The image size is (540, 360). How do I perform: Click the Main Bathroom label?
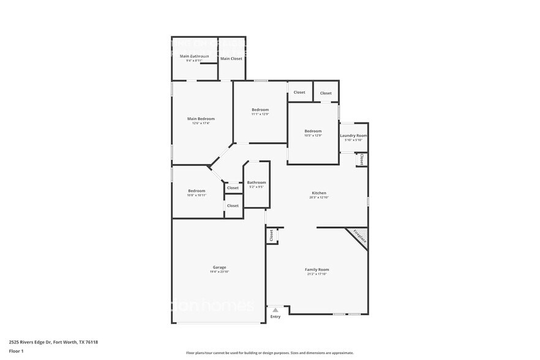[x=194, y=56]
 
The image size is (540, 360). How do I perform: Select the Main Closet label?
[x=231, y=58]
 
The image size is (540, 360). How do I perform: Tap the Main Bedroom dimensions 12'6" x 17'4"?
[x=201, y=124]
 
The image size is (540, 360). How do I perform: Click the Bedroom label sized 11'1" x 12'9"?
[x=260, y=110]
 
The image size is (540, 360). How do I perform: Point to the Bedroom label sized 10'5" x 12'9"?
[x=313, y=131]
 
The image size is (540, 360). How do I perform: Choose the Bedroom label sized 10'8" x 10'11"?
[x=197, y=191]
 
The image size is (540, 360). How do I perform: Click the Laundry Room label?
[x=354, y=135]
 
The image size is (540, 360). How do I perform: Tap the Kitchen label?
[x=318, y=193]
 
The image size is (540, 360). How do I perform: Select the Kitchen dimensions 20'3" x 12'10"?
[x=318, y=198]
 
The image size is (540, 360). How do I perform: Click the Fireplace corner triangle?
[x=359, y=236]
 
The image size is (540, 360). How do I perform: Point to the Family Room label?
[x=317, y=269]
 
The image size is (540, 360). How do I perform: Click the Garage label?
[x=219, y=267]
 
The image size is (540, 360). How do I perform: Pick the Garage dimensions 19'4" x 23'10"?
[x=219, y=272]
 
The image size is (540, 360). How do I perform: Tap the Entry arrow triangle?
[x=276, y=310]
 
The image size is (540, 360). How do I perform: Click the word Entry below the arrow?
[x=276, y=317]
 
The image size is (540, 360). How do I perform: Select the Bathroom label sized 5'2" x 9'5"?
[x=257, y=182]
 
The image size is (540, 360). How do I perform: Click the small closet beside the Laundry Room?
[x=362, y=160]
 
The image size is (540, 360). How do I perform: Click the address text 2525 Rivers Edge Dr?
[x=31, y=342]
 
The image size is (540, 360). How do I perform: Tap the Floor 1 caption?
[x=16, y=351]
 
